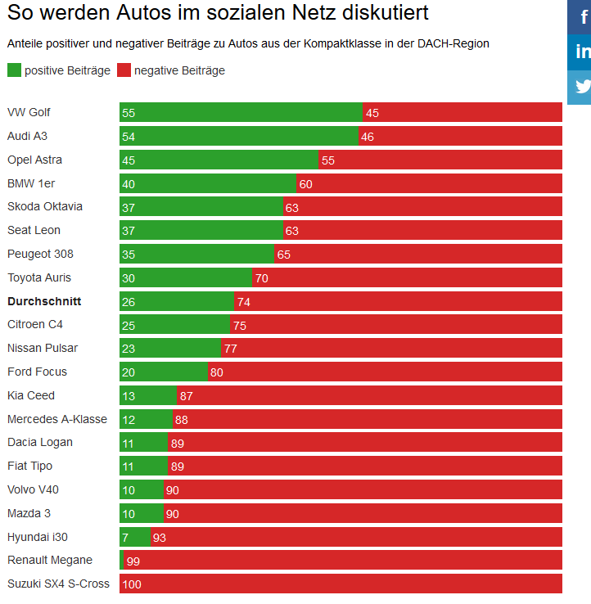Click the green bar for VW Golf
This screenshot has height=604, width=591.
tap(241, 113)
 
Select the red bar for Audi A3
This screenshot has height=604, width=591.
tap(460, 137)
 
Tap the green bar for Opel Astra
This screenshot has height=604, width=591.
tap(219, 160)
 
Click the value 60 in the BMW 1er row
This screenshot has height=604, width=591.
tap(305, 184)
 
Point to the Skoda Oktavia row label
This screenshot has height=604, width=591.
tap(45, 206)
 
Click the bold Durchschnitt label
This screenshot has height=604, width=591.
tap(44, 301)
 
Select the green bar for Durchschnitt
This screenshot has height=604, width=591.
tap(176, 302)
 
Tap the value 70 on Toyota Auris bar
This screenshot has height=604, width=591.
tap(261, 278)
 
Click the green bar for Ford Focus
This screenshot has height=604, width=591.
tap(164, 372)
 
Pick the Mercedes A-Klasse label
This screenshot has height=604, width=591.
tap(57, 419)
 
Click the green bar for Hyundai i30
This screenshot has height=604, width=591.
tap(135, 538)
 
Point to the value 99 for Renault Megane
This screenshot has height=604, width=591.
tap(133, 561)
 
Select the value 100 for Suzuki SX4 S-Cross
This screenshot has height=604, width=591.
tap(131, 584)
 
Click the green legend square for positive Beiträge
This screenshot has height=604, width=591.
tap(14, 70)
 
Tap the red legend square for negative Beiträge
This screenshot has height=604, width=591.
tap(124, 70)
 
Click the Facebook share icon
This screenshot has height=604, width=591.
tap(582, 17)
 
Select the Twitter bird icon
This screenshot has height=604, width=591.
tap(582, 87)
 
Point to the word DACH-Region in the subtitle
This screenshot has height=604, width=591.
tap(454, 43)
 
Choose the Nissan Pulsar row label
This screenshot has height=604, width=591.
tap(43, 348)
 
